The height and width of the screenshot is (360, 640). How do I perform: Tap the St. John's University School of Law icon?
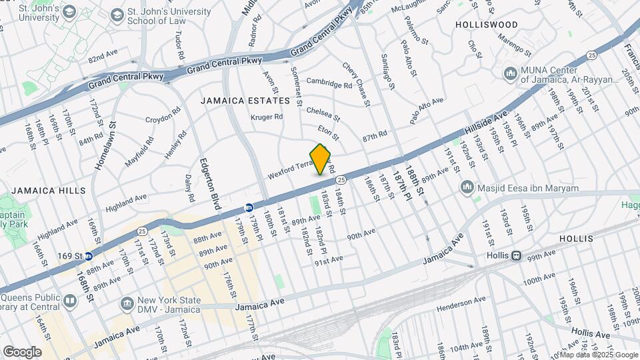pos(117,15)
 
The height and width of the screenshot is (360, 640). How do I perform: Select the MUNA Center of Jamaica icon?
pos(511,72)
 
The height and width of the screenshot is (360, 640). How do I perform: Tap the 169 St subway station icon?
pos(88,255)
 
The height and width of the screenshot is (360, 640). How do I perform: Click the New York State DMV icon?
pos(126,304)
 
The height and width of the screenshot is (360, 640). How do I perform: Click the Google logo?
pos(21,351)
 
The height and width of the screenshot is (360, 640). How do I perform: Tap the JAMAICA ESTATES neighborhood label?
pos(246,101)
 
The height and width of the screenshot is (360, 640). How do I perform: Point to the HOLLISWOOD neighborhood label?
pos(486,25)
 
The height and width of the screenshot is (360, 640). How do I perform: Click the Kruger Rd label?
pos(267,117)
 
